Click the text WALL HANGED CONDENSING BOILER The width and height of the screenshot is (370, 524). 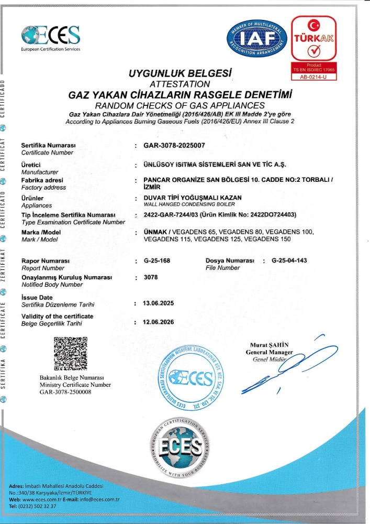click(x=183, y=204)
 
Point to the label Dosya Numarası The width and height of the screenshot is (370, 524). click(x=230, y=260)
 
